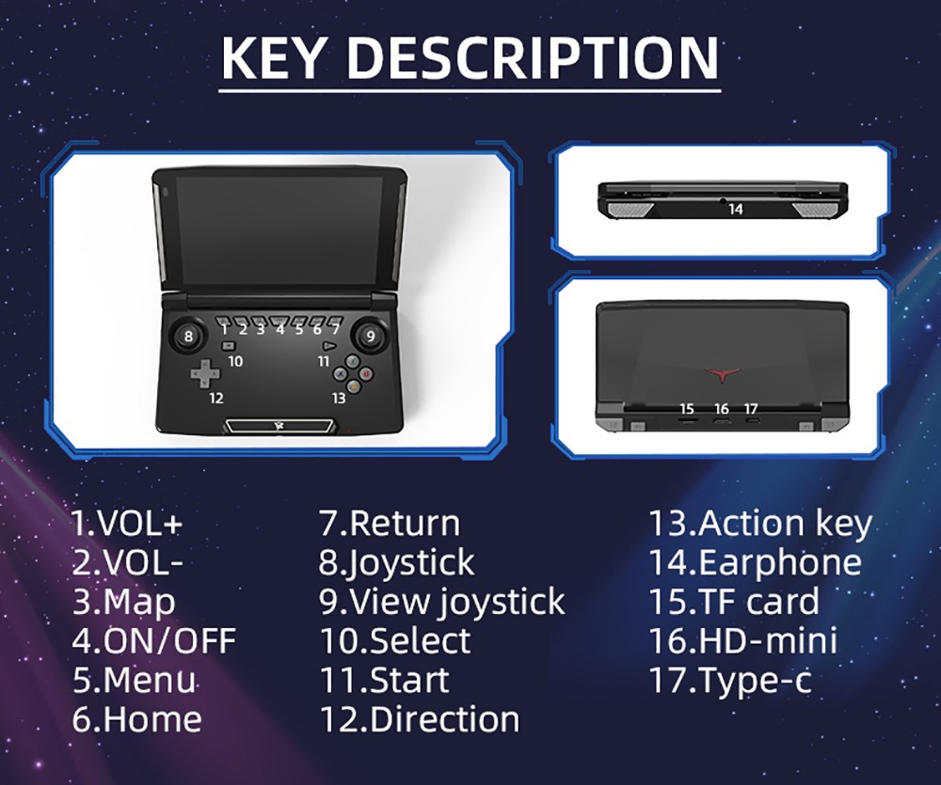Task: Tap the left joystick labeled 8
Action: [x=189, y=336]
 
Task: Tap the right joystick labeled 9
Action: [x=370, y=336]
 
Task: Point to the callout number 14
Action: [x=735, y=210]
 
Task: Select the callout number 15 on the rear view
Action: [x=686, y=409]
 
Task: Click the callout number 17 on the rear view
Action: [x=750, y=409]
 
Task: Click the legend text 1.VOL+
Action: [x=126, y=523]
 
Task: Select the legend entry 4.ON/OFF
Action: [x=153, y=641]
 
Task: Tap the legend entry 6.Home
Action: [x=136, y=719]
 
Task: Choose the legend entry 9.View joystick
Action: [x=441, y=602]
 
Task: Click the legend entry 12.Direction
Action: [x=419, y=719]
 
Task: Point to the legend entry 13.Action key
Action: [x=760, y=523]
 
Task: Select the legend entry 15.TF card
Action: [x=734, y=602]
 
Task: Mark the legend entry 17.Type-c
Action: [x=730, y=680]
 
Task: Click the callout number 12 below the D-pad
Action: [x=216, y=398]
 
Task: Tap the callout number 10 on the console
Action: [x=235, y=360]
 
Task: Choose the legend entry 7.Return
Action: [x=390, y=523]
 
